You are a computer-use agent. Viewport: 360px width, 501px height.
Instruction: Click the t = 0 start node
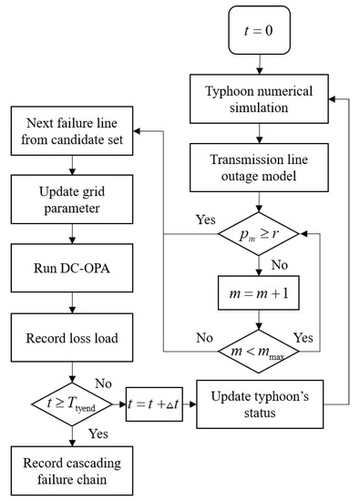pos(261,32)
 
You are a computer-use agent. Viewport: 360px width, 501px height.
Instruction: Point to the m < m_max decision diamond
pos(261,349)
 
